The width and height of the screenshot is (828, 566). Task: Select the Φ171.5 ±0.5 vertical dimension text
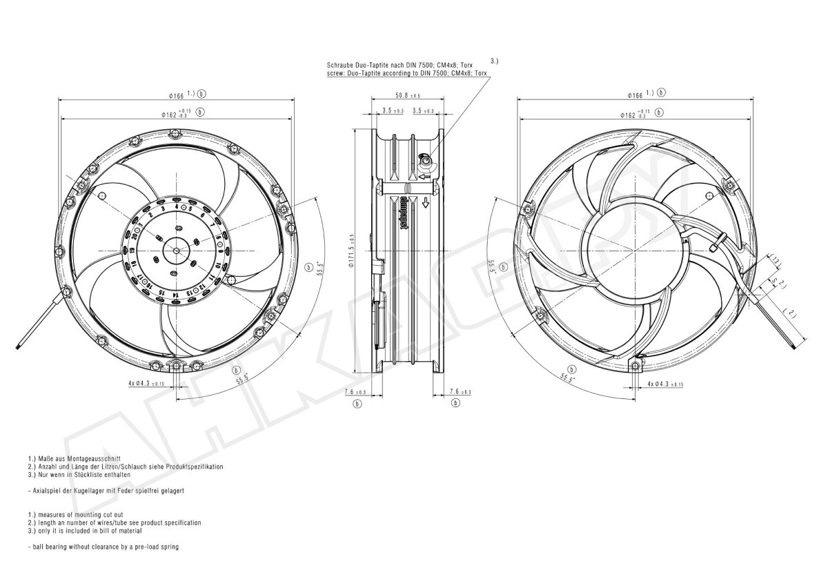coord(351,250)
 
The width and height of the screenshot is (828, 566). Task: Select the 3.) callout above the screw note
coord(495,61)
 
